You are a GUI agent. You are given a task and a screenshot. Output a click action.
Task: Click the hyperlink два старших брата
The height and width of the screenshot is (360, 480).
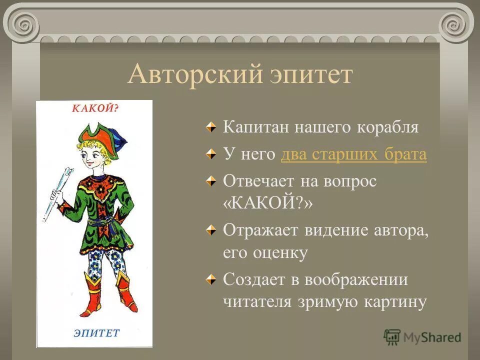tap(354, 154)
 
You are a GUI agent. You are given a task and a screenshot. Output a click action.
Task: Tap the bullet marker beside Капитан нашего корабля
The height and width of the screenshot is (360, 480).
tap(212, 127)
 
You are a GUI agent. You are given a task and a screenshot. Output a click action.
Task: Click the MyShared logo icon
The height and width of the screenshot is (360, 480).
tap(392, 337)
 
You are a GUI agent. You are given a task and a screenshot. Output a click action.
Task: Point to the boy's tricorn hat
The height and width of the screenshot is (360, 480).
tap(100, 134)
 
